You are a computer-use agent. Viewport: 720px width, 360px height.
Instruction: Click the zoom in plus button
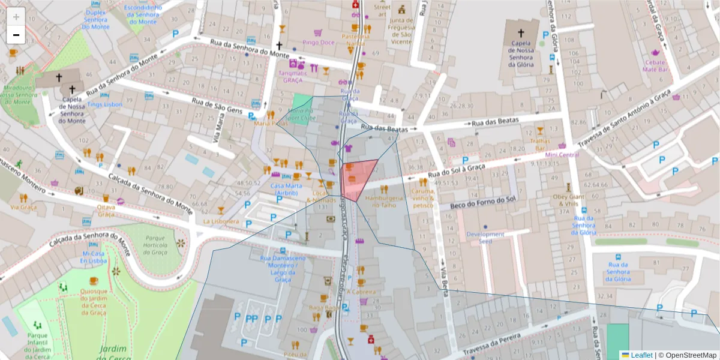(x=16, y=16)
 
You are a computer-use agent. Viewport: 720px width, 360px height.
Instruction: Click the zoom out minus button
(x=16, y=35)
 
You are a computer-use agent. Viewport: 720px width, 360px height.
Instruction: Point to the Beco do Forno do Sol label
(x=482, y=200)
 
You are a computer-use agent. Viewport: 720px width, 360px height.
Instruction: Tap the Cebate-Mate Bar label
(x=655, y=65)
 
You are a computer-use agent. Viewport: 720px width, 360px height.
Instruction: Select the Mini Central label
(x=562, y=155)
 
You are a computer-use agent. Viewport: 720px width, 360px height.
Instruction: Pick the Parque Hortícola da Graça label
(x=158, y=244)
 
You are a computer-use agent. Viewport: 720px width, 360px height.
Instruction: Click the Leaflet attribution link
(x=641, y=355)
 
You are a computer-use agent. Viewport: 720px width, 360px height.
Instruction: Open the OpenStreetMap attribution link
(x=687, y=355)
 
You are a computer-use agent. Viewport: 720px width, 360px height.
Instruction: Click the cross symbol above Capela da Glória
(x=520, y=33)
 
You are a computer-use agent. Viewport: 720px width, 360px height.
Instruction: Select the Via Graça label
(x=23, y=208)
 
